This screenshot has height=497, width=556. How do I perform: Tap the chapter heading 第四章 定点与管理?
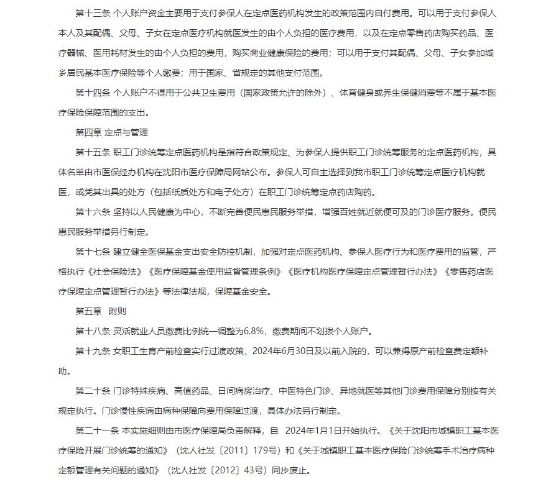(x=111, y=132)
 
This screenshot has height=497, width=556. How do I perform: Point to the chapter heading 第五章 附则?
(x=101, y=311)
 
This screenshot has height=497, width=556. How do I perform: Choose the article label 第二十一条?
(x=97, y=431)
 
